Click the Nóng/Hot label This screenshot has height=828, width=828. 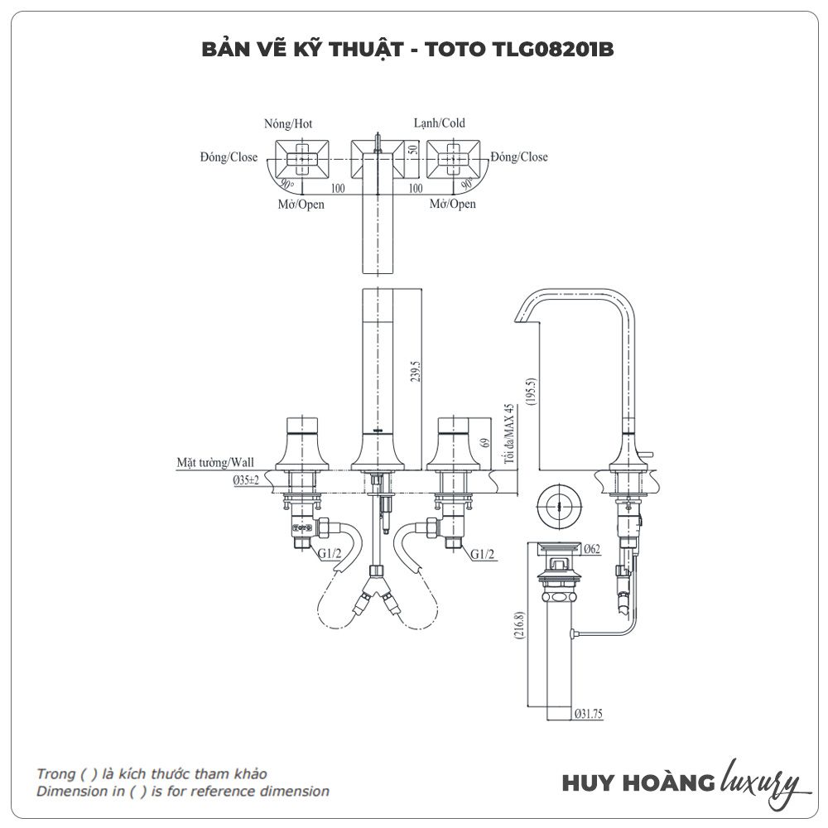pos(289,124)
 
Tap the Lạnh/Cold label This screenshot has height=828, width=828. pos(440,123)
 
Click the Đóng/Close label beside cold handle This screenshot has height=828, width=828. pos(519,157)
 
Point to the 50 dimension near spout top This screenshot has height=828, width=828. pos(412,152)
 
